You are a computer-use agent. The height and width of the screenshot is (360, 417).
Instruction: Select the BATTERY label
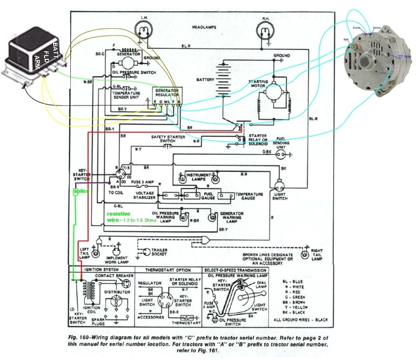tap(205, 80)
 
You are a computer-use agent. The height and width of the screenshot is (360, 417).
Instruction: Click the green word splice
tap(81, 191)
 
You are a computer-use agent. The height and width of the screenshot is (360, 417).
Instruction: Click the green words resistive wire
tap(118, 217)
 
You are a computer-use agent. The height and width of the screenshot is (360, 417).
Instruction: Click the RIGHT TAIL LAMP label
tap(316, 254)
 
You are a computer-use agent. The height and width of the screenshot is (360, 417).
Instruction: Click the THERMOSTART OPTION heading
tap(167, 270)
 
